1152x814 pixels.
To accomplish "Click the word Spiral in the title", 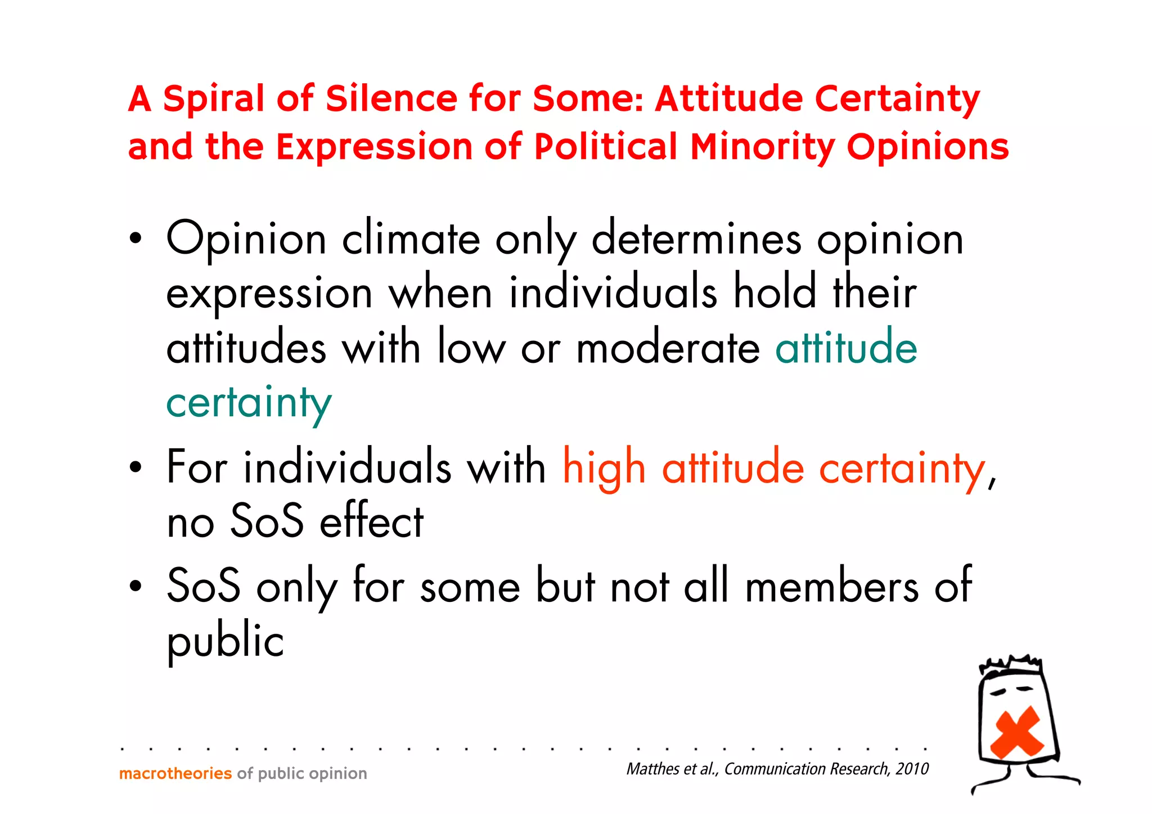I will [x=213, y=99].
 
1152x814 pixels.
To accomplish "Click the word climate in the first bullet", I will [x=411, y=239].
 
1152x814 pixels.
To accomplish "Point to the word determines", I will [x=696, y=239].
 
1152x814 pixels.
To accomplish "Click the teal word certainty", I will [x=249, y=403].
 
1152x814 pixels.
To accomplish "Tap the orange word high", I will [x=604, y=468].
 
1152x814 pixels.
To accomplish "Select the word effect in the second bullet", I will [x=371, y=521].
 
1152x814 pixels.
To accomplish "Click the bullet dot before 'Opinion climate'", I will [x=135, y=239].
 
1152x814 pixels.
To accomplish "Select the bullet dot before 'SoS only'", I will [x=135, y=586].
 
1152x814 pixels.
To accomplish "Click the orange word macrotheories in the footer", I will [x=175, y=773].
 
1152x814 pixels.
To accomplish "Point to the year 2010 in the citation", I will [x=912, y=769].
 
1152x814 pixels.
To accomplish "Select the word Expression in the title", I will [x=375, y=147].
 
